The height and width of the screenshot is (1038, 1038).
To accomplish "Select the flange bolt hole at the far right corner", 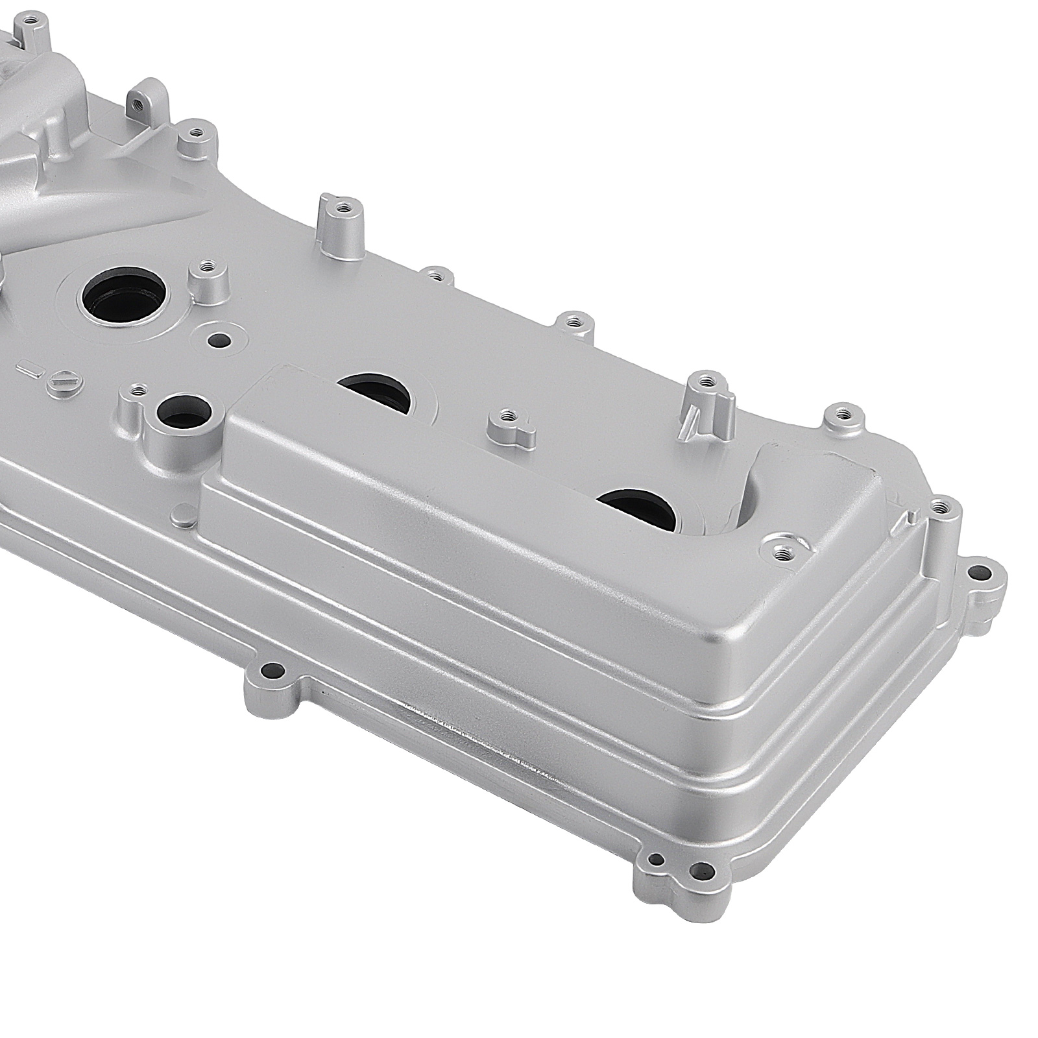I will point(986,573).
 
